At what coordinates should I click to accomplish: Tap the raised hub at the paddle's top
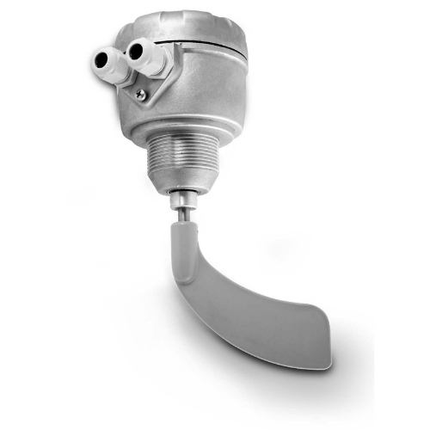181,236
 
